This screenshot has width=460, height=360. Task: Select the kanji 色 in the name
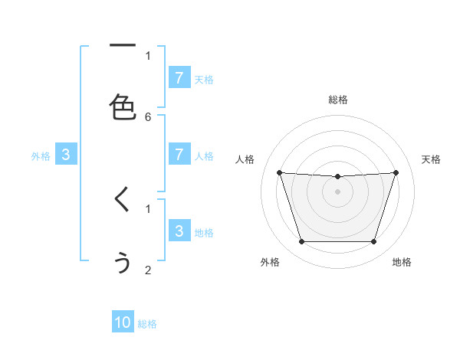pos(123,107)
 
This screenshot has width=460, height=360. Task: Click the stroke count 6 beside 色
pos(148,116)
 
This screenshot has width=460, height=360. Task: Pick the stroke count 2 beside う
pos(148,270)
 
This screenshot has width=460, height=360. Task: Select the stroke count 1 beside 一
pos(148,55)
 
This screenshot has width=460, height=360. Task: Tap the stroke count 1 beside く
pos(148,208)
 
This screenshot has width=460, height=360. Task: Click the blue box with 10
pos(123,322)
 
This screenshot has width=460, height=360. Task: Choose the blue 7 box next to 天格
pos(179,78)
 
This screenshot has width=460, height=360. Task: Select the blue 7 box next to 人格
pos(179,155)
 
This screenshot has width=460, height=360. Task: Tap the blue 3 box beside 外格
pos(66,155)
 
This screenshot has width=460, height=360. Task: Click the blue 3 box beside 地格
pos(179,231)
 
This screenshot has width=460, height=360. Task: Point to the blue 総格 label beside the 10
pos(147,324)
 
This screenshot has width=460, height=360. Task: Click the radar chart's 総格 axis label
pos(338,100)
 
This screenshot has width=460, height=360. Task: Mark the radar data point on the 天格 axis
pos(396,172)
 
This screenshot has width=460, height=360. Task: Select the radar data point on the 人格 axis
pos(279,172)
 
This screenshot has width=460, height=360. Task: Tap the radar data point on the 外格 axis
pos(301,242)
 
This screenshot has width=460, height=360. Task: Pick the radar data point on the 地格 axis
pos(374,242)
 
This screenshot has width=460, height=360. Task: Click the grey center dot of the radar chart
pos(338,191)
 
